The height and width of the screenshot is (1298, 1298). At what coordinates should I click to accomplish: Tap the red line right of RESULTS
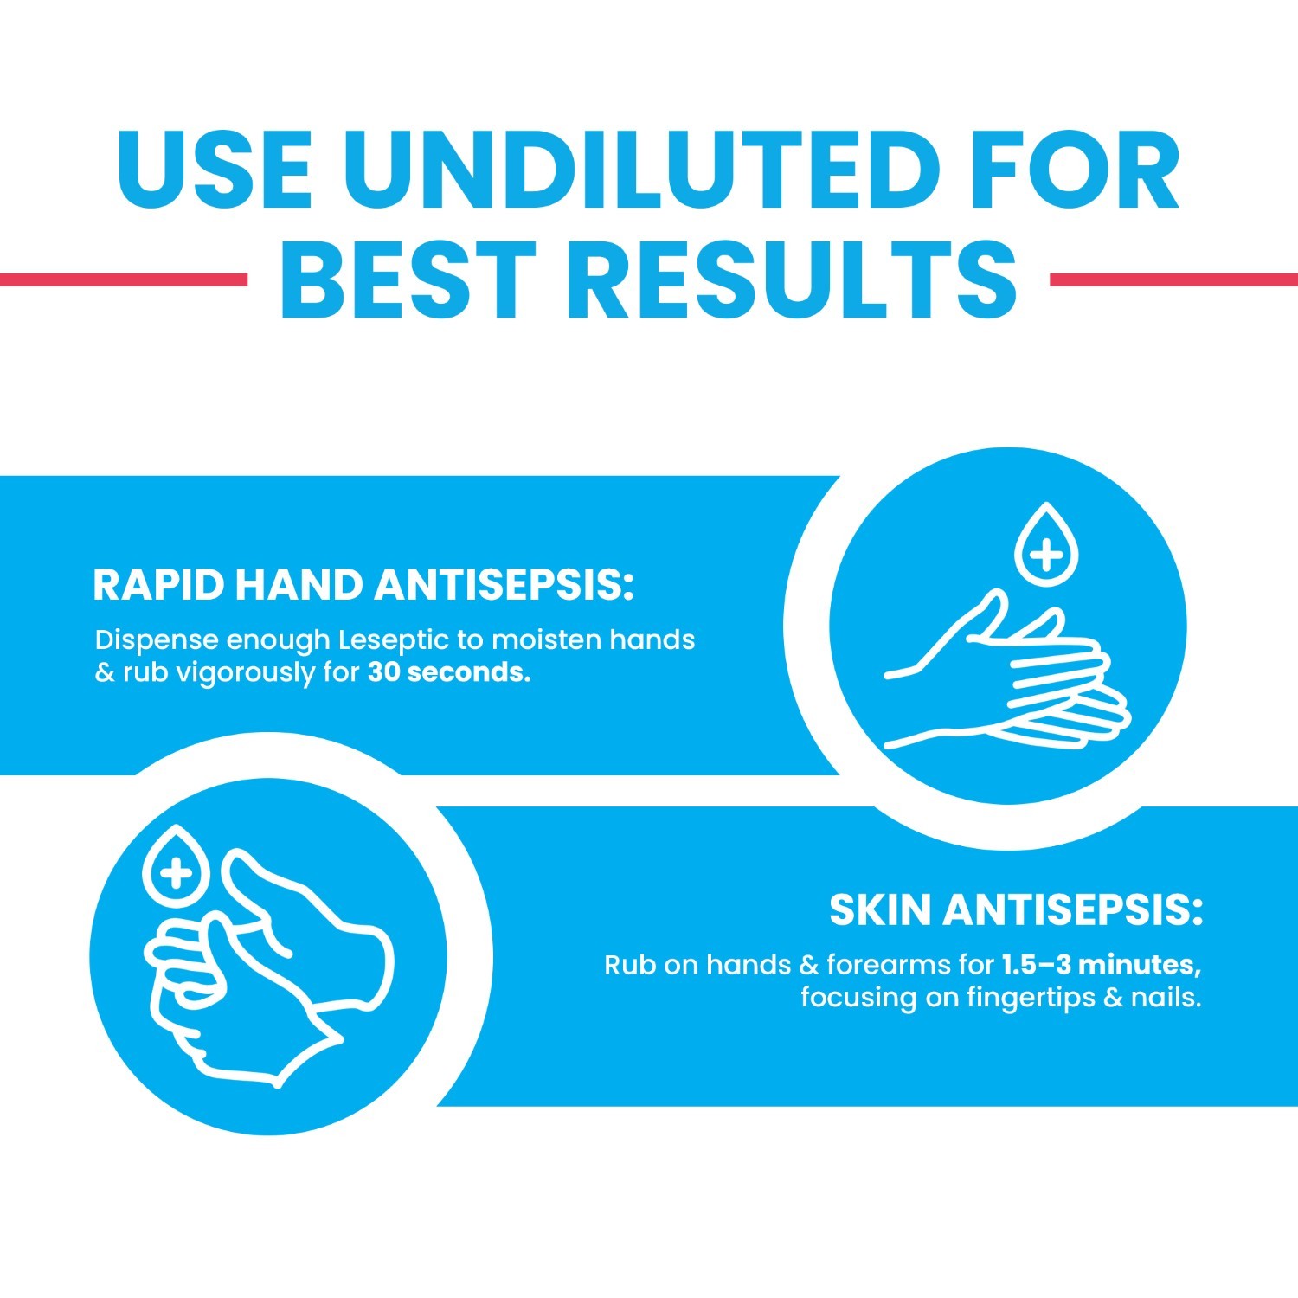[x=1173, y=279]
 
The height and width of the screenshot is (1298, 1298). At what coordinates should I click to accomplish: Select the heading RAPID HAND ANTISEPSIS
[x=363, y=585]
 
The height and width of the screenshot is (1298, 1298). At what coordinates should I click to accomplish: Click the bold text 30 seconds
[x=449, y=672]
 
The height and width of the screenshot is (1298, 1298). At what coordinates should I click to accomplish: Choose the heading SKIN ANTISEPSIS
[x=1016, y=909]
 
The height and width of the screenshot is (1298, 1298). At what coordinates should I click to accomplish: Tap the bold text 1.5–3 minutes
[x=1101, y=964]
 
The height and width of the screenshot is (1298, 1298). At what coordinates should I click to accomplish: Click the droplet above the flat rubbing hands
[x=1046, y=545]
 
